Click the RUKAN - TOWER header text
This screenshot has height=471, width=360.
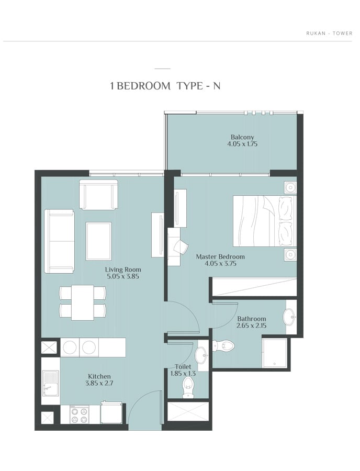329,33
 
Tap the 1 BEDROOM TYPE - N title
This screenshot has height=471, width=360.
165,86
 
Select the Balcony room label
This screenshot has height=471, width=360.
242,137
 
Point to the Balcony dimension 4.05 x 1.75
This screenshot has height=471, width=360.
242,144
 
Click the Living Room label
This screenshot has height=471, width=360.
123,270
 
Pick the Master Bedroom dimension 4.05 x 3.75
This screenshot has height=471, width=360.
220,264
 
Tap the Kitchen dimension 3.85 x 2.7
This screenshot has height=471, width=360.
99,383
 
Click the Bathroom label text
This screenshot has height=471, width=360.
252,319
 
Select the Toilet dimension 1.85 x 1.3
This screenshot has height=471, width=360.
183,374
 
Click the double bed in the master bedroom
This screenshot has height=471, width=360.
265,221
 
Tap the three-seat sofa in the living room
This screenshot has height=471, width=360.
59,241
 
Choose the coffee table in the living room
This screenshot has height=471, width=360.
98,241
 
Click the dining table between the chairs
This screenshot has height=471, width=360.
83,302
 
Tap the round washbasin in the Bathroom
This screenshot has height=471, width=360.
289,317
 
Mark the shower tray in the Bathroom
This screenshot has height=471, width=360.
274,353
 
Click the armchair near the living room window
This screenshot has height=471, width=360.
98,194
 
